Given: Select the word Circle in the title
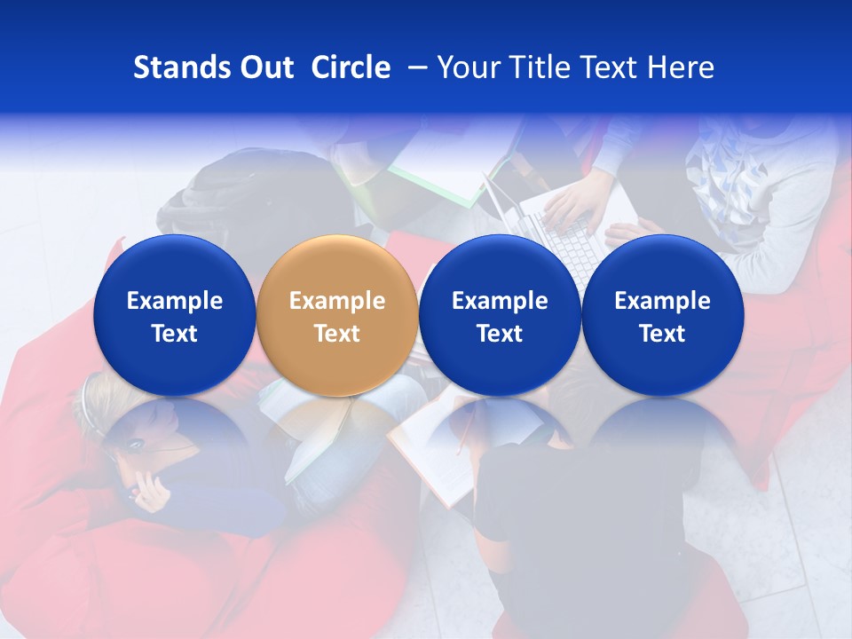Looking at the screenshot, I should pyautogui.click(x=351, y=67).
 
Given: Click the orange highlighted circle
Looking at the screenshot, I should pyautogui.click(x=337, y=315).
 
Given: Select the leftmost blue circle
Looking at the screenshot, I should pyautogui.click(x=174, y=315).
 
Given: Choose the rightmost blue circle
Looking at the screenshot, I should pyautogui.click(x=662, y=315).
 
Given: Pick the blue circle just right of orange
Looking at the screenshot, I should pyautogui.click(x=500, y=315).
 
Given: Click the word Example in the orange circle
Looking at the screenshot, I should pyautogui.click(x=337, y=301).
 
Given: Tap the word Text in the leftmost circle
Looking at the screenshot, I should pyautogui.click(x=174, y=334).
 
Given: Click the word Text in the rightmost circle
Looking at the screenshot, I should pyautogui.click(x=662, y=334).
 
